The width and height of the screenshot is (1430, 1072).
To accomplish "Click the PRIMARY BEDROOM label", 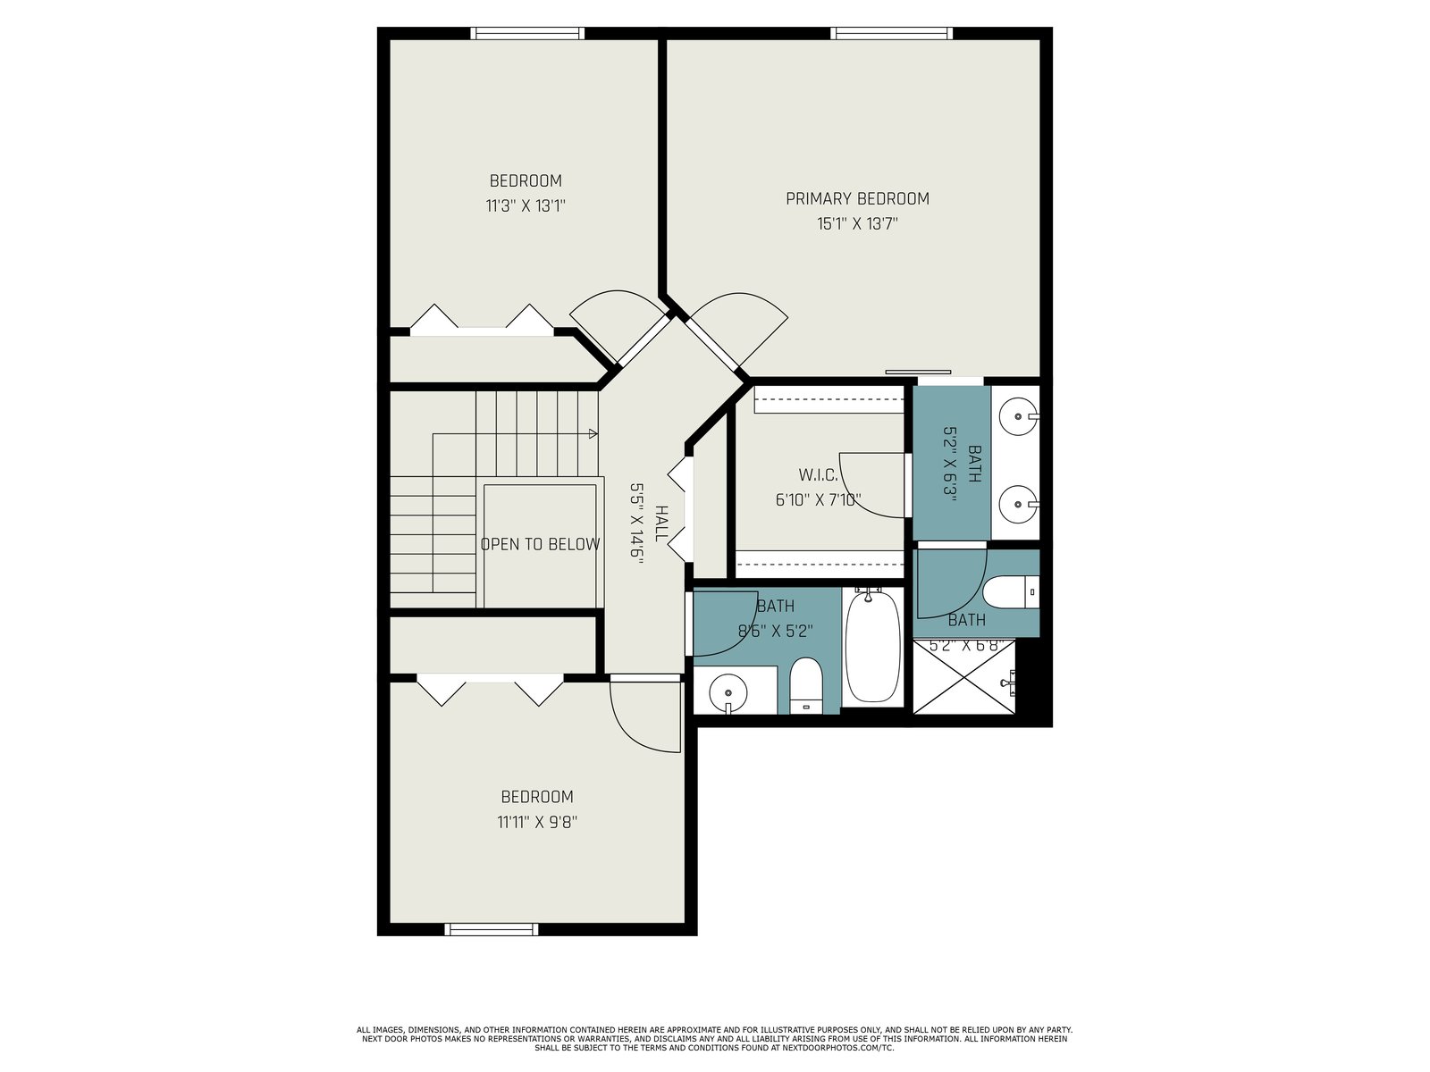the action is pos(857,198).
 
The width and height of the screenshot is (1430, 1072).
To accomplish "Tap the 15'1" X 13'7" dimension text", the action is pos(857,224).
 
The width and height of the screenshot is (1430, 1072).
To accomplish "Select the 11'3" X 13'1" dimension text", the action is pos(526,205).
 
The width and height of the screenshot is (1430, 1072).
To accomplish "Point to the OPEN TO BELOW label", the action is pos(540,544).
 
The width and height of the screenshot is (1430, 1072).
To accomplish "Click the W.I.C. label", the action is pos(819,474).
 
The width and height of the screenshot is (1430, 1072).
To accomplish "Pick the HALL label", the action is pos(660,523).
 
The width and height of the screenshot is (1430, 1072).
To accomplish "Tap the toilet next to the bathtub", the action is pos(806,685).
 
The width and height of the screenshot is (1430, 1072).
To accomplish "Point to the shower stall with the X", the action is pos(964,677).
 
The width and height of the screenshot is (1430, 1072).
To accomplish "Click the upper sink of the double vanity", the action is pos(1019,415).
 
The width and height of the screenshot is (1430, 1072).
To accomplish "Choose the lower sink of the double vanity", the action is pos(1019,504).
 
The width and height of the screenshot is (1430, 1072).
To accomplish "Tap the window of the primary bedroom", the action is pos(891,33).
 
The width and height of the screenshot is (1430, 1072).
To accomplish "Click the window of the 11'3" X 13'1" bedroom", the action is pos(527,33).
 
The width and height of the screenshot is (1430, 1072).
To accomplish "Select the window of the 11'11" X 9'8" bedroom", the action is pos(492,929).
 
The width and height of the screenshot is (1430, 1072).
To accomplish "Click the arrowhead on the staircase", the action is pos(593,433).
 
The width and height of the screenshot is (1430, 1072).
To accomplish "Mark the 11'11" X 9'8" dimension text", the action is pos(537,822).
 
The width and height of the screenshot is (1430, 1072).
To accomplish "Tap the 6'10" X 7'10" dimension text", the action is pos(819,500).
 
